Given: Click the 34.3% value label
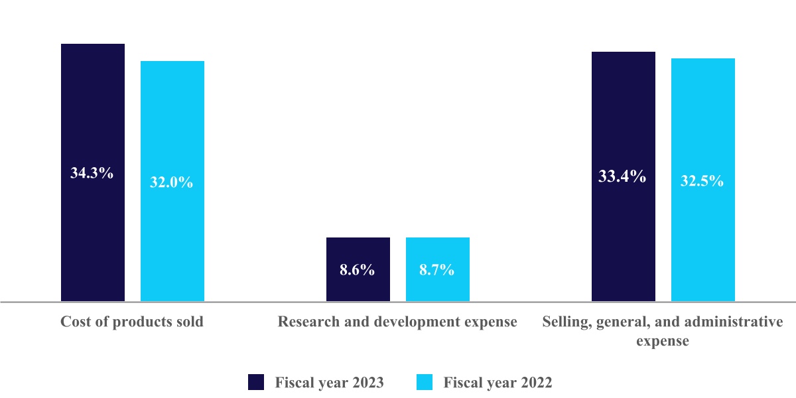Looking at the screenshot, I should (92, 174).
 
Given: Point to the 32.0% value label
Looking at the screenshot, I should (172, 182).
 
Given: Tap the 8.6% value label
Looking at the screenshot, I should (358, 270).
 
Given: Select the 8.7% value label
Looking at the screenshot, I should (437, 270).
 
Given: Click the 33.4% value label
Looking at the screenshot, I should (623, 176).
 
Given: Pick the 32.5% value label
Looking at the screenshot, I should (702, 180).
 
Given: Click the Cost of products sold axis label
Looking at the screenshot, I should (132, 322).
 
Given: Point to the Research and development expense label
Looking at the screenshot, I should (397, 322).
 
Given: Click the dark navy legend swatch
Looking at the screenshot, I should (256, 382).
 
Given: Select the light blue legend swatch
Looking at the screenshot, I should (425, 382).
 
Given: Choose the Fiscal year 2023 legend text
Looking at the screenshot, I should (330, 383).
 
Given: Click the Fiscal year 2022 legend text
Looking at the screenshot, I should (497, 383).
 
